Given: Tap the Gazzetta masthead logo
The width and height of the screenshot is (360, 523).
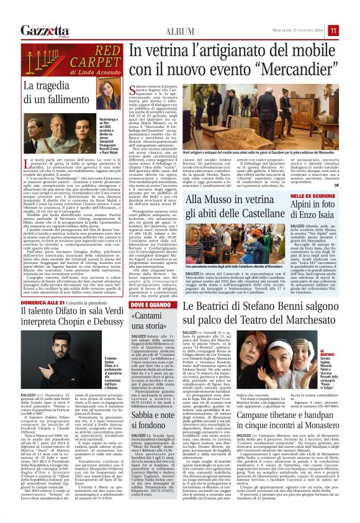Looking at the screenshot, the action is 45,31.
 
